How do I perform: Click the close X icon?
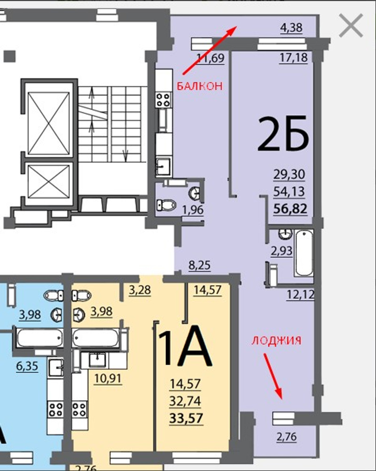click(x=351, y=25)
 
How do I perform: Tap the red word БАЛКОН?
click(x=200, y=86)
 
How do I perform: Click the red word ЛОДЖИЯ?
click(x=276, y=340)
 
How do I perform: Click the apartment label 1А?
click(x=184, y=345)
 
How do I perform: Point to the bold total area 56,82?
click(x=290, y=208)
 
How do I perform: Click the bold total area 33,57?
click(x=186, y=418)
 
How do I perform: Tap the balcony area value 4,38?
click(x=291, y=28)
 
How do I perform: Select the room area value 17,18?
click(x=294, y=57)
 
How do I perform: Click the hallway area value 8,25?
click(x=200, y=265)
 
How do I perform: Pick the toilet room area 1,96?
click(x=193, y=209)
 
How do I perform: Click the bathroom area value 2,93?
click(x=282, y=251)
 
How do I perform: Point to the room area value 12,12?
click(x=300, y=295)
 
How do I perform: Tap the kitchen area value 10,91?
click(x=108, y=378)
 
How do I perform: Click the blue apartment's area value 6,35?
click(x=27, y=366)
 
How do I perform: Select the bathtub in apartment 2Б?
click(x=304, y=253)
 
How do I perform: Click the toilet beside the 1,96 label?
click(x=166, y=205)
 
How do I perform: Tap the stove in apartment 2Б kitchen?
click(x=164, y=100)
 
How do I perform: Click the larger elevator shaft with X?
click(x=49, y=124)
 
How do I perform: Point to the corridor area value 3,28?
click(x=140, y=290)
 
